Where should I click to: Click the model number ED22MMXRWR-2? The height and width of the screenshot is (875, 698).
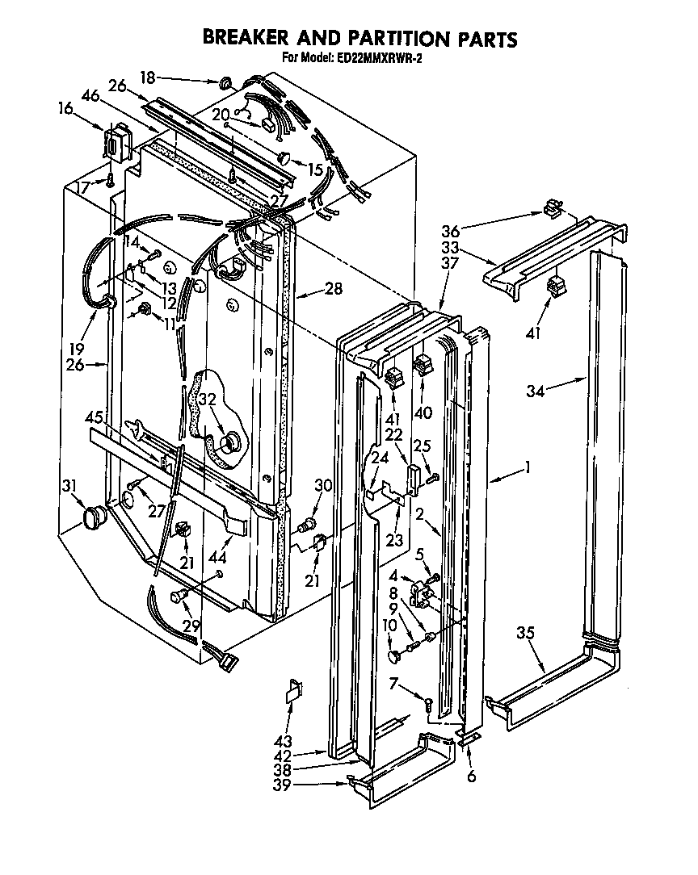click(x=377, y=58)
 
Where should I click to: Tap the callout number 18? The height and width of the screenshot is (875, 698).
click(x=147, y=77)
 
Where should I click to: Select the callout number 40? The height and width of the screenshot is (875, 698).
click(x=423, y=412)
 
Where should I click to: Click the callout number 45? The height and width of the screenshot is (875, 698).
click(x=95, y=417)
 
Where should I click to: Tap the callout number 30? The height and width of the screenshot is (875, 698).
click(x=323, y=485)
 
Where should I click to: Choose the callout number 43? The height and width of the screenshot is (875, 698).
click(x=283, y=741)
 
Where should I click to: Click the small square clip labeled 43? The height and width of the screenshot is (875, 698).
click(x=293, y=693)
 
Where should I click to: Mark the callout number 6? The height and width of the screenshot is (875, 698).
click(x=471, y=777)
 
